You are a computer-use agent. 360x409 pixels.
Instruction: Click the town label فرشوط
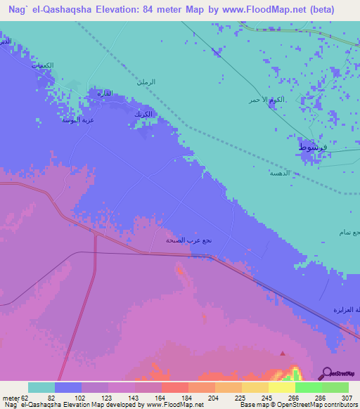tap(311, 148)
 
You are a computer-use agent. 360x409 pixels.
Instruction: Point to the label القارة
tap(103, 93)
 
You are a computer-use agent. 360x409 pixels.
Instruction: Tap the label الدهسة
tap(280, 171)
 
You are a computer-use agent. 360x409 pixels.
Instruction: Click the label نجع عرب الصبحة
tap(189, 240)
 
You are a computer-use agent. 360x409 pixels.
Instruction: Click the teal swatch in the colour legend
tap(41, 387)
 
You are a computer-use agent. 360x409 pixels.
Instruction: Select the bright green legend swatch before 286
tap(308, 387)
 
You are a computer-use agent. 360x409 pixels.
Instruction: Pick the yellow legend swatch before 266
tap(281, 387)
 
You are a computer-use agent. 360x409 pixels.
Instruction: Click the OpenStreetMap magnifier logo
tap(326, 373)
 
